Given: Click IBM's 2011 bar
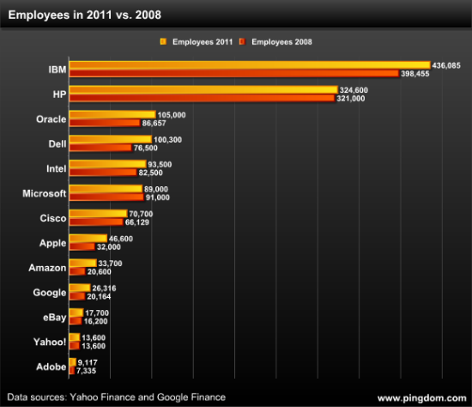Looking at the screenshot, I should tap(249, 64).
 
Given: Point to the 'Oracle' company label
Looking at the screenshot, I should tap(51, 118).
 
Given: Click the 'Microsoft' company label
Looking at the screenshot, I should tap(45, 193).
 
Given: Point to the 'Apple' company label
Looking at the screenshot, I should tap(52, 243).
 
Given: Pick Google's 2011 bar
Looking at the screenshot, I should tap(79, 288).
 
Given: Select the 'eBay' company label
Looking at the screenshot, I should tap(53, 317).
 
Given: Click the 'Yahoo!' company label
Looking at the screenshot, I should tap(50, 342).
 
